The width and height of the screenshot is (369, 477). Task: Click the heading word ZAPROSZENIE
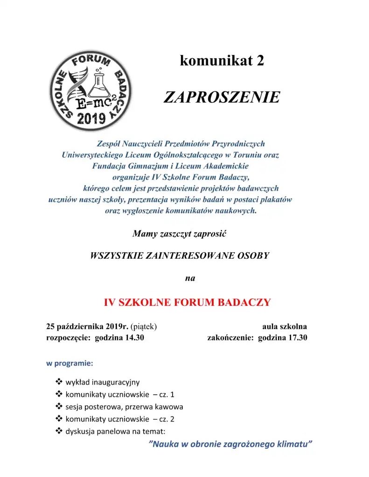[222, 97]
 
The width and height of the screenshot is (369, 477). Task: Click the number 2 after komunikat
[260, 61]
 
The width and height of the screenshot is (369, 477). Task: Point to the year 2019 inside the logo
[91, 118]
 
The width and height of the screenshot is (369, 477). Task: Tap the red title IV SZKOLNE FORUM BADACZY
[187, 302]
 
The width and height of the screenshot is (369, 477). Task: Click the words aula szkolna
[284, 326]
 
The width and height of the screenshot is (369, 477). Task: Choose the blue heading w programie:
[70, 363]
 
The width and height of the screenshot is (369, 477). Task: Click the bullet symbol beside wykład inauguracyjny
[59, 382]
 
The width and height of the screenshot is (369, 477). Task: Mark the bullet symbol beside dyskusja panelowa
[59, 431]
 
